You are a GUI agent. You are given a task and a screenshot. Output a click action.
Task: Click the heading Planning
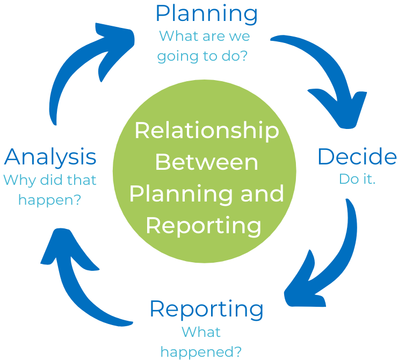(x=206, y=13)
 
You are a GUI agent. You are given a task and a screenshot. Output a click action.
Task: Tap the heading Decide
(x=357, y=156)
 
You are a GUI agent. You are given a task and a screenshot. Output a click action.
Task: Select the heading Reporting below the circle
(x=206, y=309)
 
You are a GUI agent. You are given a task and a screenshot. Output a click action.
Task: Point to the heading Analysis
(x=50, y=157)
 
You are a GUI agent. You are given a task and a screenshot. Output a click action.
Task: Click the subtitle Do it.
(x=357, y=179)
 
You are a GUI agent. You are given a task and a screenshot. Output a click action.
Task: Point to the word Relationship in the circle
(x=206, y=131)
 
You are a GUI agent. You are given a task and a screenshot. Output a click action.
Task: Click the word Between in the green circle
(x=206, y=162)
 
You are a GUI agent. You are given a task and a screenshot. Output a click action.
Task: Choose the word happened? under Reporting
(x=201, y=352)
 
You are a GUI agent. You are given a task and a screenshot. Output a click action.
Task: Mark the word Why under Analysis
(x=18, y=179)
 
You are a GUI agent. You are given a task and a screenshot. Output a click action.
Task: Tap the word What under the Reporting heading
(x=201, y=332)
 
